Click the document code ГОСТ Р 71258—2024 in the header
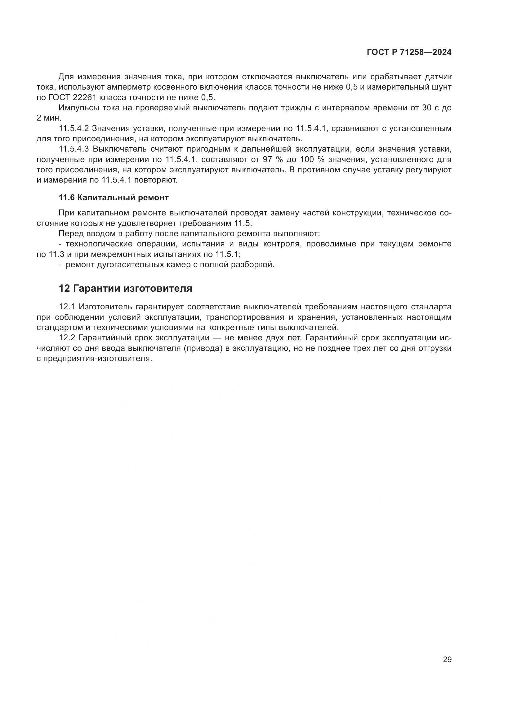point(409,52)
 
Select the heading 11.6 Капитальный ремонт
point(114,198)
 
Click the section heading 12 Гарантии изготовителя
point(125,288)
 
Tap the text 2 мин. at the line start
point(49,118)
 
